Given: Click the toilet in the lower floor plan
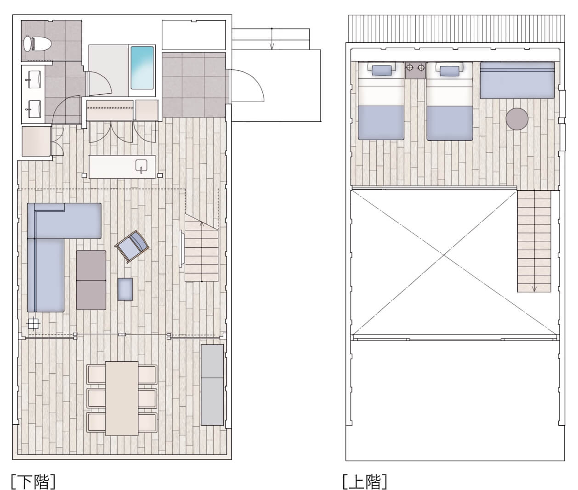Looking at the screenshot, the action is coord(37,44).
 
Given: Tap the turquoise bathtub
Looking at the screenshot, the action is coord(142,68).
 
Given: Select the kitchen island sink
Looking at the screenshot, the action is coord(141,165).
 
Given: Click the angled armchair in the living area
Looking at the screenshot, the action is coord(132,246).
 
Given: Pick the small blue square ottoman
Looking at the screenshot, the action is coord(125,289).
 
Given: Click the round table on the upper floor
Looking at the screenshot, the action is coord(517,119).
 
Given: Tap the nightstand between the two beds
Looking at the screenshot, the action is coord(415,70).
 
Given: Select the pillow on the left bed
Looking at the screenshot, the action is coord(381,70).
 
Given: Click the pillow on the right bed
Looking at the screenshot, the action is coord(450,70).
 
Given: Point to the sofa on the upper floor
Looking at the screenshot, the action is coord(517,80).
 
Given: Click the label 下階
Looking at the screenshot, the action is coord(33,481).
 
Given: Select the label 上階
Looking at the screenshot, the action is coord(365,481).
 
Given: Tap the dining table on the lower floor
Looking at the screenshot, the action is coord(122,398).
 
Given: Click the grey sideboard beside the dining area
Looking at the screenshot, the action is coord(212,385).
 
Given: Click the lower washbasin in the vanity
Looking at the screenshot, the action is coord(34,109).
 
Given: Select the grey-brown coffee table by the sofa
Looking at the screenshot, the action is coord(91,280).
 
